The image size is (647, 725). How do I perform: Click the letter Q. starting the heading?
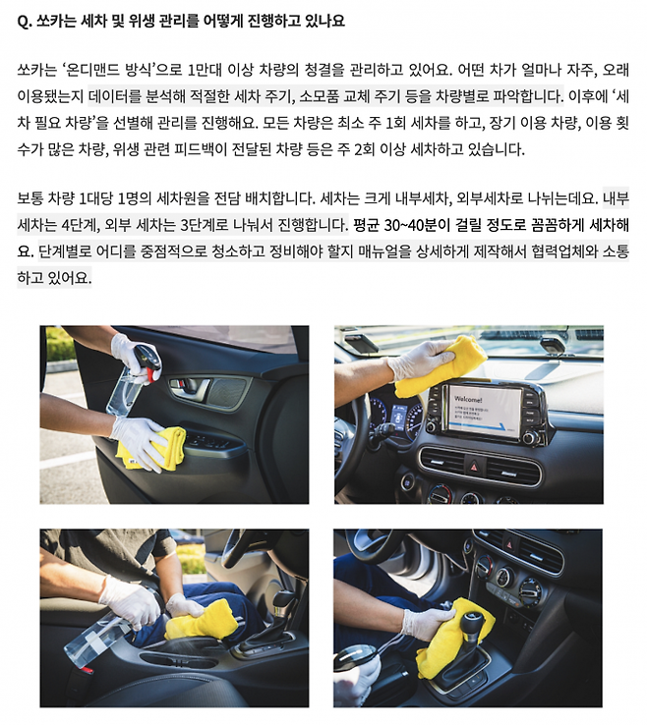click(25, 22)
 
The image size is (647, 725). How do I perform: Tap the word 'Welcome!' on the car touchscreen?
click(468, 399)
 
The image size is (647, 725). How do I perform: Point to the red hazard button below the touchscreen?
click(474, 466)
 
